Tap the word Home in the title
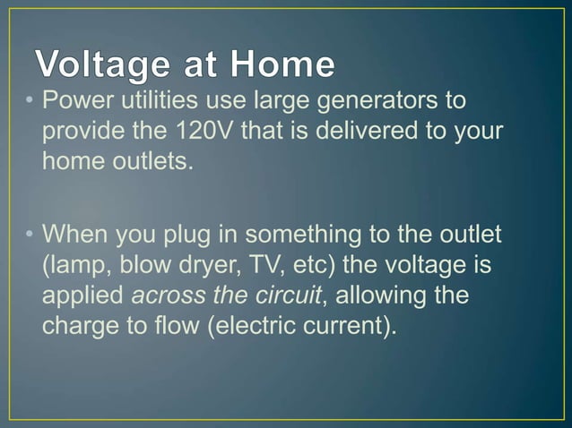click(283, 64)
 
